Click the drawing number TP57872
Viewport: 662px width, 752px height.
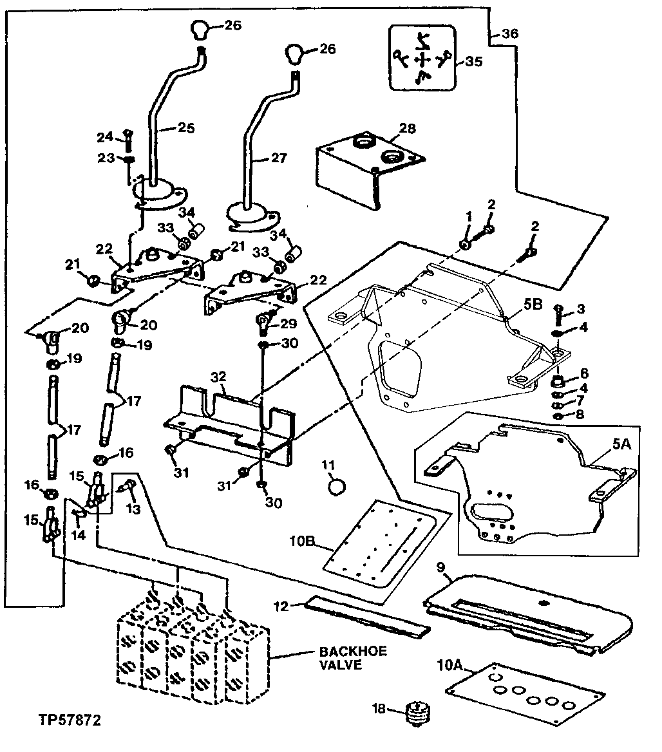coord(70,720)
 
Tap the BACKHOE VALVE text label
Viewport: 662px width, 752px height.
coord(353,658)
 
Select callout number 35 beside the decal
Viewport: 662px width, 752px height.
coord(473,61)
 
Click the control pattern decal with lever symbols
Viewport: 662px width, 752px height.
coord(422,58)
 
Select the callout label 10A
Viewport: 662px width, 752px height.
coord(450,665)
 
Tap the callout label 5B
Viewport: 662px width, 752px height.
coord(533,304)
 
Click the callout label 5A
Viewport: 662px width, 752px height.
coord(621,444)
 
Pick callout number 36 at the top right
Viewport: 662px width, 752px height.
coord(510,33)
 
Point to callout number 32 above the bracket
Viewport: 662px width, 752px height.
coord(218,377)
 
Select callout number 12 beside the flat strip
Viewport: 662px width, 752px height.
coord(281,606)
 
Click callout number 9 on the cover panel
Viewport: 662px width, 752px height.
coord(440,567)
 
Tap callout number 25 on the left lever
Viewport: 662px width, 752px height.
coord(186,127)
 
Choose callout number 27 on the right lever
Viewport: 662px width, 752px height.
coord(279,158)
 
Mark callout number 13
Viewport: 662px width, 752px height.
coord(133,508)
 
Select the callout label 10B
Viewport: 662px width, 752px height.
coord(302,541)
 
